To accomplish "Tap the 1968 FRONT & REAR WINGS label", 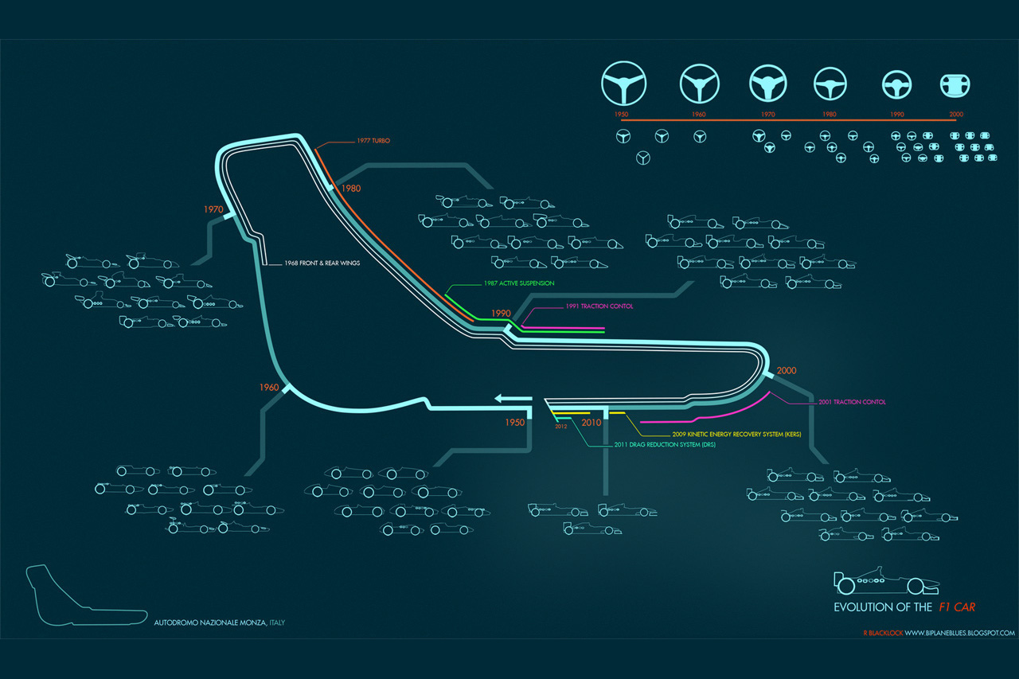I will pyautogui.click(x=315, y=263).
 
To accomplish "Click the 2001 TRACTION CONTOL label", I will pyautogui.click(x=852, y=402).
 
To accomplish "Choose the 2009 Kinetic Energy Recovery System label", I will pyautogui.click(x=736, y=434).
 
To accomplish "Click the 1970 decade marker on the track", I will pyautogui.click(x=213, y=209).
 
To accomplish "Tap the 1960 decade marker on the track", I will pyautogui.click(x=269, y=388).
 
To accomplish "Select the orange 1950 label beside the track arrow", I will pyautogui.click(x=515, y=423).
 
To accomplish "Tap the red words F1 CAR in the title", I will pyautogui.click(x=956, y=607).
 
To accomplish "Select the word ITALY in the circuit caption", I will pyautogui.click(x=277, y=622).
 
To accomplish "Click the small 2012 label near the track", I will pyautogui.click(x=562, y=426).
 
